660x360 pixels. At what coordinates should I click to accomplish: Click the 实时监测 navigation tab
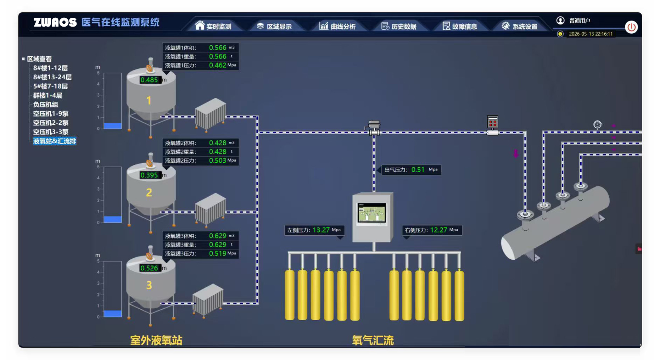[213, 26]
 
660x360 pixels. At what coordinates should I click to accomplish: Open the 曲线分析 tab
[337, 26]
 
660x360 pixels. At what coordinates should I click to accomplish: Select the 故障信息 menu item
[460, 26]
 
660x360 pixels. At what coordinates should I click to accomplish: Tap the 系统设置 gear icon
[506, 26]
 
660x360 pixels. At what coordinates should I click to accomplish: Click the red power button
[631, 27]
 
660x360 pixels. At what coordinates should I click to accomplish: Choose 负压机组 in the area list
[45, 105]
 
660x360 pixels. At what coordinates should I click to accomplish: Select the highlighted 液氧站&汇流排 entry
[55, 141]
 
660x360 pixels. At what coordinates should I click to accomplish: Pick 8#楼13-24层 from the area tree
[52, 77]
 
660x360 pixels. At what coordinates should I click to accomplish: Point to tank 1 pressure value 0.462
[218, 65]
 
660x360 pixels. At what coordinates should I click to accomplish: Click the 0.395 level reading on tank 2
[149, 175]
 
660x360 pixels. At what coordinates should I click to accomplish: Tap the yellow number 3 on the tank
[149, 285]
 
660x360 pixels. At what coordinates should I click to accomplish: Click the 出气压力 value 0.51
[418, 170]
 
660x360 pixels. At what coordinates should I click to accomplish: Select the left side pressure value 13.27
[321, 230]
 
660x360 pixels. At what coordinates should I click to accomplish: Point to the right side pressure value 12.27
[438, 230]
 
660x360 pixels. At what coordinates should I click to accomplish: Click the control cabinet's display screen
[371, 213]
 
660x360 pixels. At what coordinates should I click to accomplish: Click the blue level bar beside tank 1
[113, 126]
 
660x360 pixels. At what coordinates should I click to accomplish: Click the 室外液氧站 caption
[156, 341]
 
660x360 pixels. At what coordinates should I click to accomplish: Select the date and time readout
[591, 34]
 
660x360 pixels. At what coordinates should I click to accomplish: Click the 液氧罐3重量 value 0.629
[218, 245]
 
